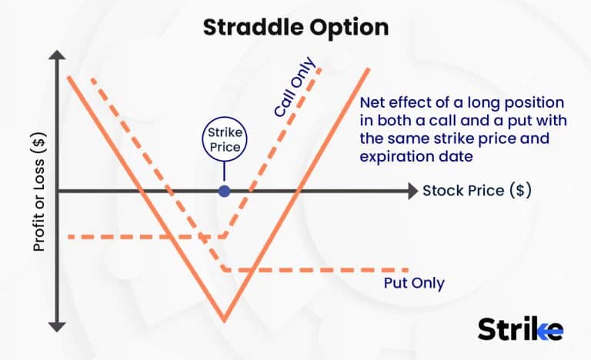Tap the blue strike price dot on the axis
[224, 191]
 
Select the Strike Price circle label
[224, 139]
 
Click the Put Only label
[414, 283]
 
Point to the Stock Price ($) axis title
[476, 190]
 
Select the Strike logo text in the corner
[520, 328]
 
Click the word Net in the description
[372, 103]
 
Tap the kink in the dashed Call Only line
[224, 236]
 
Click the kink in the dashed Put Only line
[224, 269]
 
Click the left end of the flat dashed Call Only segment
[70, 236]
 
